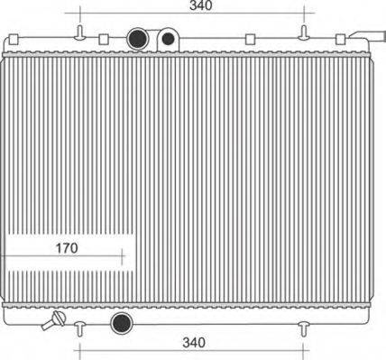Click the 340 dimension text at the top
(x=201, y=6)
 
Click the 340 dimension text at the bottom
(x=193, y=342)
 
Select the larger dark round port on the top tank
(x=138, y=39)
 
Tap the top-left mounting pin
(x=80, y=33)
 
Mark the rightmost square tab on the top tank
(x=341, y=39)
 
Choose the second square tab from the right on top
(x=247, y=39)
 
